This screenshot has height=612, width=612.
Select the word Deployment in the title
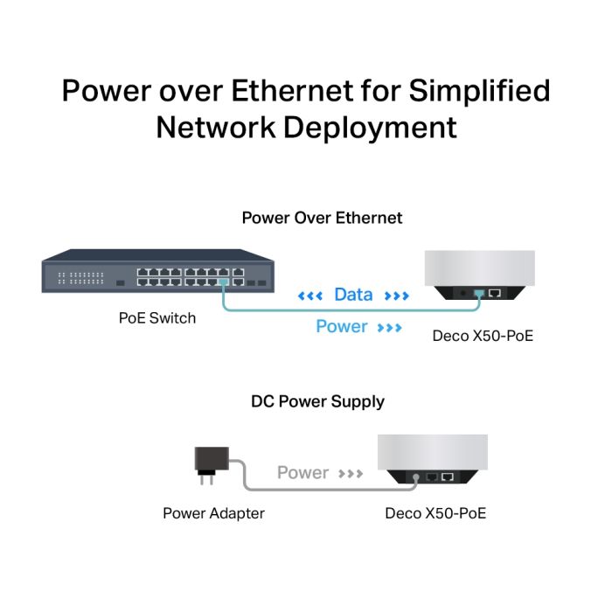(369, 127)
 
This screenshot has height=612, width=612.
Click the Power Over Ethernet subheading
(323, 218)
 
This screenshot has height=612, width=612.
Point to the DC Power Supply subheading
(318, 402)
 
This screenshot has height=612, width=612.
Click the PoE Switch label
(157, 318)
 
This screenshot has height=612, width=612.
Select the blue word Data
(353, 296)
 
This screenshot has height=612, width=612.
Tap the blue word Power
(342, 327)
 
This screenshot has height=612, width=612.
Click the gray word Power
(303, 473)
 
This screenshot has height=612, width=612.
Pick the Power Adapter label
(213, 513)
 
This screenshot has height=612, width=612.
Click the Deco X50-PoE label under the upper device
(483, 336)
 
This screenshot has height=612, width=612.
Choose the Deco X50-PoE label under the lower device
(435, 513)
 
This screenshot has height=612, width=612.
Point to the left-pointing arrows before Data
(311, 296)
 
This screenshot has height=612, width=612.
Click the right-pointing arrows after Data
(396, 296)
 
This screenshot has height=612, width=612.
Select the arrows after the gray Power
(351, 474)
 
